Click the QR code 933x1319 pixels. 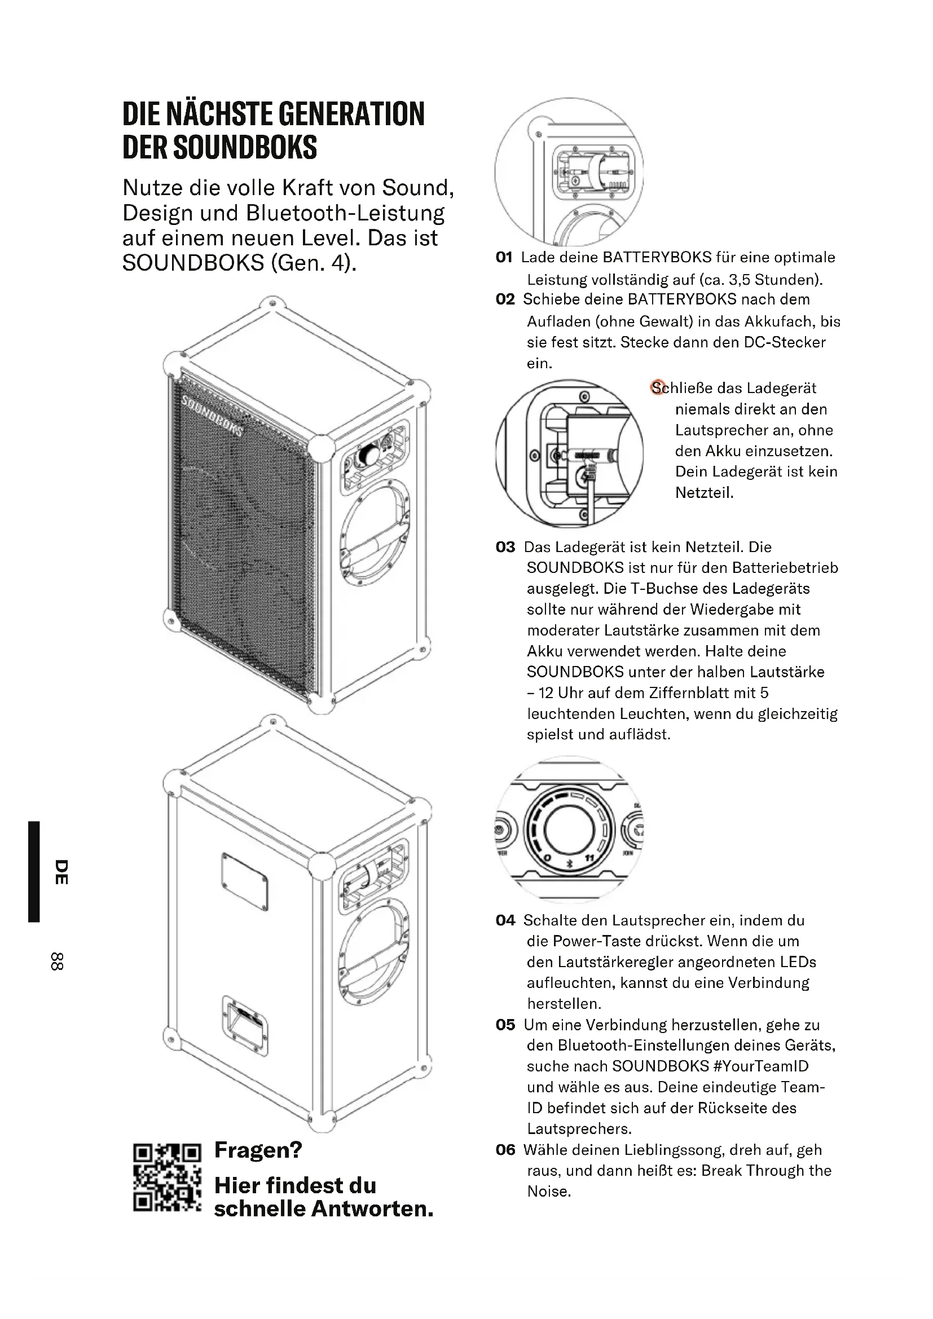point(167,1178)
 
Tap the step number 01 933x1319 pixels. point(504,257)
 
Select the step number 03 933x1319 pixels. point(505,547)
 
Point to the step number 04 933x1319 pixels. point(505,920)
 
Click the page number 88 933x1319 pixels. point(57,961)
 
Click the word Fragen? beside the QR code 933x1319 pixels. point(258,1149)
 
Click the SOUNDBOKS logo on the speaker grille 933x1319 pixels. point(212,416)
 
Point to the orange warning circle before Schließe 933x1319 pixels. point(657,387)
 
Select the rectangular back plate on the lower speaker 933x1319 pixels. point(244,882)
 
